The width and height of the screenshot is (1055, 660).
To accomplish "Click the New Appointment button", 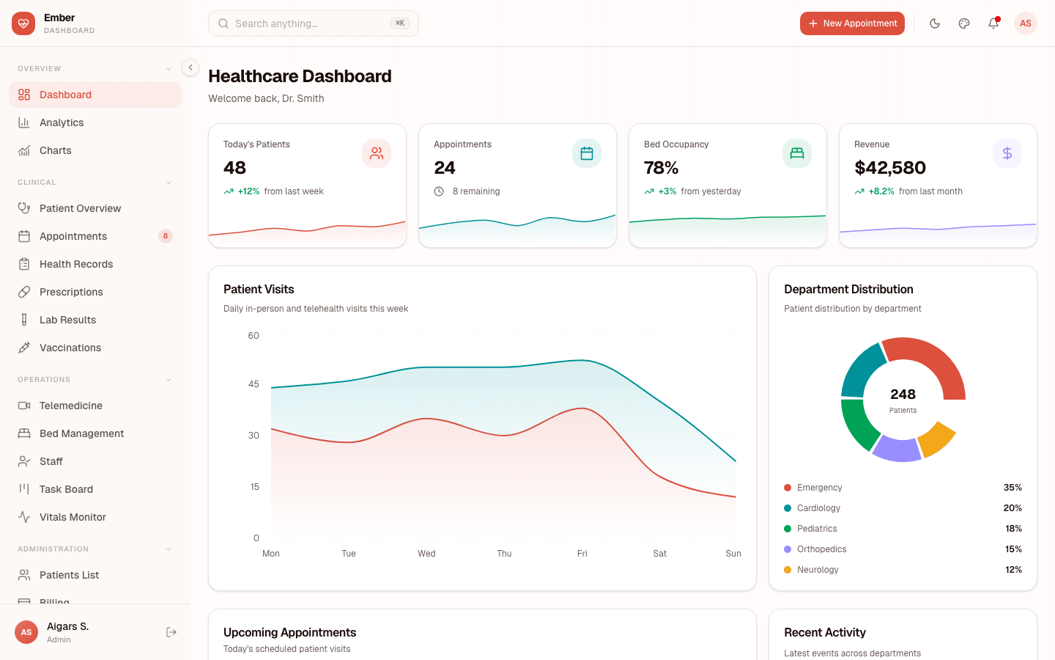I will [x=852, y=23].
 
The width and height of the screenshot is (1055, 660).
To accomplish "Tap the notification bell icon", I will [x=993, y=23].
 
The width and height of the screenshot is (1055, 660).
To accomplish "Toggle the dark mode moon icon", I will [x=935, y=23].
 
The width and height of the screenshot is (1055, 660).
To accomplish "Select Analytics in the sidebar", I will [x=62, y=122].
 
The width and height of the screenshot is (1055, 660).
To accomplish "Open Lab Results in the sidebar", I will [x=67, y=320].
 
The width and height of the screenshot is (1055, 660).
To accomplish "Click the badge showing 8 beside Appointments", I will [x=166, y=236].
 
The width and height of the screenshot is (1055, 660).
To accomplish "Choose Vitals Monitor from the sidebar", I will [x=73, y=517].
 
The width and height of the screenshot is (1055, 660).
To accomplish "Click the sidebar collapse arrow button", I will [x=190, y=67].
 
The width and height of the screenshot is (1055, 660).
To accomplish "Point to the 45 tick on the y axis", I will [x=253, y=384].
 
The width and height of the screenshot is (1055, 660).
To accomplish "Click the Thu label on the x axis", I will [x=504, y=554].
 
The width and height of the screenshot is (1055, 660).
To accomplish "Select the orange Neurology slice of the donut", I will [x=936, y=439].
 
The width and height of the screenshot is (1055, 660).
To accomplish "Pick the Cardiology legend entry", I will [x=818, y=508].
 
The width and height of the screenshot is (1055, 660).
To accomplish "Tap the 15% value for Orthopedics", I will [x=1013, y=549].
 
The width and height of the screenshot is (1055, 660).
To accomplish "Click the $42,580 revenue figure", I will [x=890, y=168].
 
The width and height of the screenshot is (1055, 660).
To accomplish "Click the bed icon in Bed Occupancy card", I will [x=797, y=153].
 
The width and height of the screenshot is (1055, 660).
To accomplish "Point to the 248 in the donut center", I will [x=903, y=395].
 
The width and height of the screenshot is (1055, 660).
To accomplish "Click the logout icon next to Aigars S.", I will [x=171, y=632].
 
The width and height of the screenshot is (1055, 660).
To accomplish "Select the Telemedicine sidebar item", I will [x=70, y=406].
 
